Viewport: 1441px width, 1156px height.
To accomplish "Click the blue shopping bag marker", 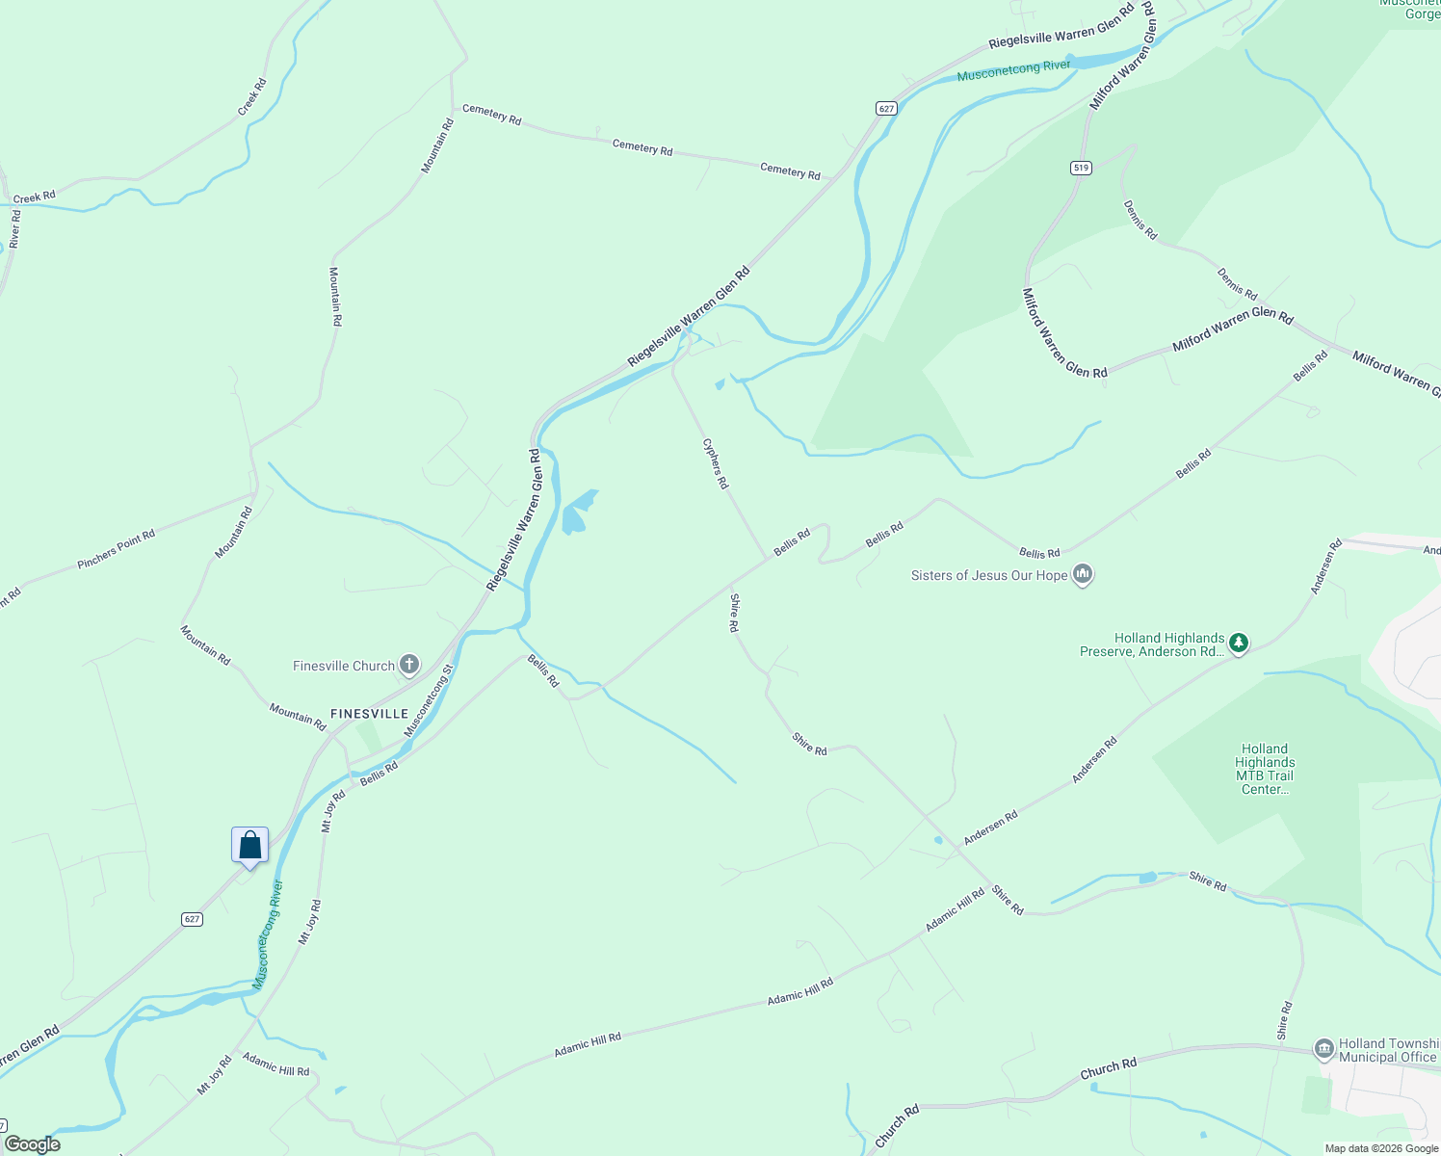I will click(x=249, y=845).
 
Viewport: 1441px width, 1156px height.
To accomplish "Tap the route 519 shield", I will click(x=1081, y=168).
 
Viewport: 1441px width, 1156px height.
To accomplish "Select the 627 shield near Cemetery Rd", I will click(x=886, y=108).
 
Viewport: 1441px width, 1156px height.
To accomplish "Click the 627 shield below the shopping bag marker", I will click(x=192, y=919).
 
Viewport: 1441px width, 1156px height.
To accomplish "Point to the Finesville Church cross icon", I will click(x=409, y=665).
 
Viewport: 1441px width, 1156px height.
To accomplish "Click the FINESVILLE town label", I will click(x=369, y=714).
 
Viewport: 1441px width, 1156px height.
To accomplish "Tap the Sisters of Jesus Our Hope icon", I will click(x=1083, y=575).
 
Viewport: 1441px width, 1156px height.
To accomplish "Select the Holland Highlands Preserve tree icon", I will click(x=1239, y=643).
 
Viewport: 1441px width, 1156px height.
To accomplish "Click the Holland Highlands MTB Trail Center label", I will click(x=1264, y=769).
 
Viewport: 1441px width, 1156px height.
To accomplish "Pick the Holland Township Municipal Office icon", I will click(x=1323, y=1048).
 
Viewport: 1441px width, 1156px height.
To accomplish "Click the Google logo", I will click(x=32, y=1144).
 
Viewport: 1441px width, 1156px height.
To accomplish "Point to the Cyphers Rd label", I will click(x=715, y=463).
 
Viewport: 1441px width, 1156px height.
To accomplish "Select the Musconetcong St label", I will click(x=428, y=700).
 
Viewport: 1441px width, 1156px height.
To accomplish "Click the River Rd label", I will click(x=14, y=229).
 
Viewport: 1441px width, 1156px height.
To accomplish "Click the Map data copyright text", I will click(x=1380, y=1148).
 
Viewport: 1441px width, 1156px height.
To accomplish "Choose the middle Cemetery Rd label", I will click(x=642, y=147).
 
